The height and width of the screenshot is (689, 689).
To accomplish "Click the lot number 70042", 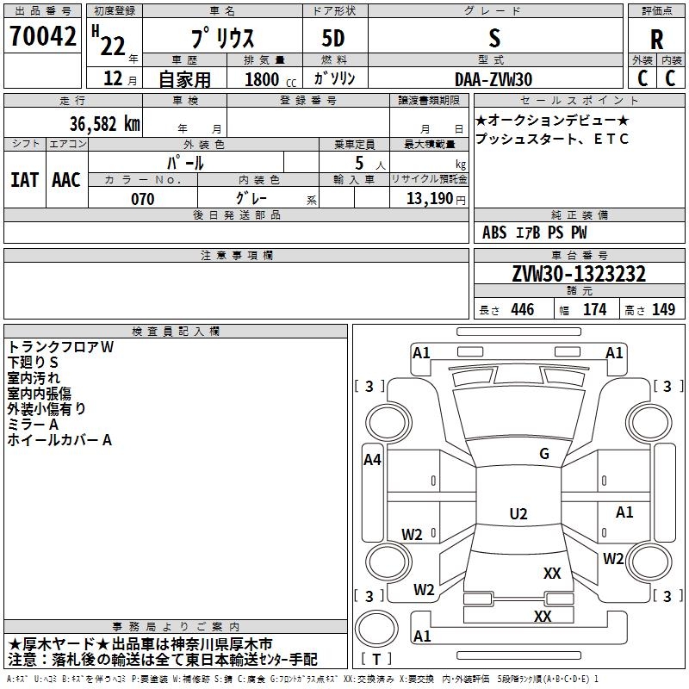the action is coord(42,35).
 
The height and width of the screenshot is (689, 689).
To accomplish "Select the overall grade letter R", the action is coord(656,40).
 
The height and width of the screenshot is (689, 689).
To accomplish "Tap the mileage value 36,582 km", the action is coord(104,124).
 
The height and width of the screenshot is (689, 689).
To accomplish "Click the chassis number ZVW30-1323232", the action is coord(579,273).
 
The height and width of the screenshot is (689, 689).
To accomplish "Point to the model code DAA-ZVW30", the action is coord(493,79).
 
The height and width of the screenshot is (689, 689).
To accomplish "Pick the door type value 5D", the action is coord(333,39).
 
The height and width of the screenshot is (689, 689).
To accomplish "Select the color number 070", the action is coord(143,199).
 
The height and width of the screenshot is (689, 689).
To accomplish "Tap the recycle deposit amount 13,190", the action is coord(430,199).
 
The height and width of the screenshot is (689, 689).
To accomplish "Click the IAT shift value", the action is coord(24,180).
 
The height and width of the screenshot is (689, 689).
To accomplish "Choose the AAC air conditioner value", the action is coord(66,180).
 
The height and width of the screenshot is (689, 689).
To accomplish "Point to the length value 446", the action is coord(523,309).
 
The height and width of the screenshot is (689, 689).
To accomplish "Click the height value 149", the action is coord(663,309).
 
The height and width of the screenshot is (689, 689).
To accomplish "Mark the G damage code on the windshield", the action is coord(544,454).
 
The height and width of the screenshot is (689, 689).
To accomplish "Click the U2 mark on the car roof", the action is coord(518,513).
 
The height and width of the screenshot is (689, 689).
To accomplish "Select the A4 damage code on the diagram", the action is coord(372,460).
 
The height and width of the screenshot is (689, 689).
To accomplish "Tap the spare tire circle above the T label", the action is coord(376,629).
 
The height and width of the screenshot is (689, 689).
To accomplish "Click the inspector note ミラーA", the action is coord(33,425).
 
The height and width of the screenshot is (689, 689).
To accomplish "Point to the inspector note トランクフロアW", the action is coord(60,347).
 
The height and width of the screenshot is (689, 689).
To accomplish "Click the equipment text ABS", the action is coord(494,233).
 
